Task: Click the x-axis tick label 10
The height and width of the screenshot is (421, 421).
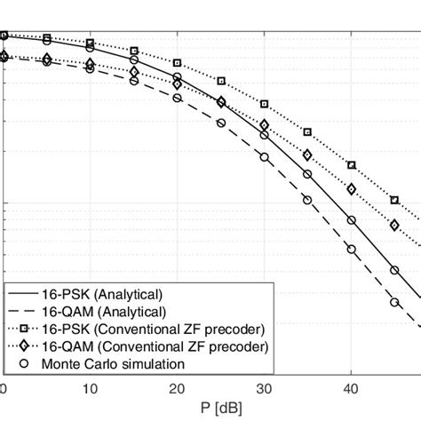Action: click(x=90, y=388)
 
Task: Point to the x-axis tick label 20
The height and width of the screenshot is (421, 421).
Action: click(x=177, y=388)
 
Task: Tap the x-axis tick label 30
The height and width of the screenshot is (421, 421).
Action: click(x=264, y=388)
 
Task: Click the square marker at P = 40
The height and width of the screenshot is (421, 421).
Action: click(x=351, y=164)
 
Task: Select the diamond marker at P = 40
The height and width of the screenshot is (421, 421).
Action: click(x=351, y=189)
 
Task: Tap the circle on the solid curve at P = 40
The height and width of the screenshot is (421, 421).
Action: click(x=351, y=219)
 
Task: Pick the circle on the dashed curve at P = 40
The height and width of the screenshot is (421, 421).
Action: click(x=351, y=250)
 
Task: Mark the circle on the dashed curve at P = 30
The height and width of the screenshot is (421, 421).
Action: click(x=264, y=157)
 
